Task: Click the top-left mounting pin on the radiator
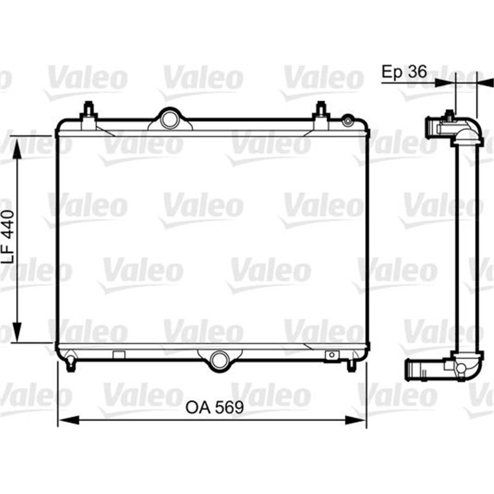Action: pos(89,114)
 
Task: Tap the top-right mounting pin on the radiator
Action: pos(320,114)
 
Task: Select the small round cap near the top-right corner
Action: pos(349,120)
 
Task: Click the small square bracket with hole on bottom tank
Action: pos(332,355)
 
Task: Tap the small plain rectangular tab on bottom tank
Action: pos(119,354)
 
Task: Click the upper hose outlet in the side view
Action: pos(435,128)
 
